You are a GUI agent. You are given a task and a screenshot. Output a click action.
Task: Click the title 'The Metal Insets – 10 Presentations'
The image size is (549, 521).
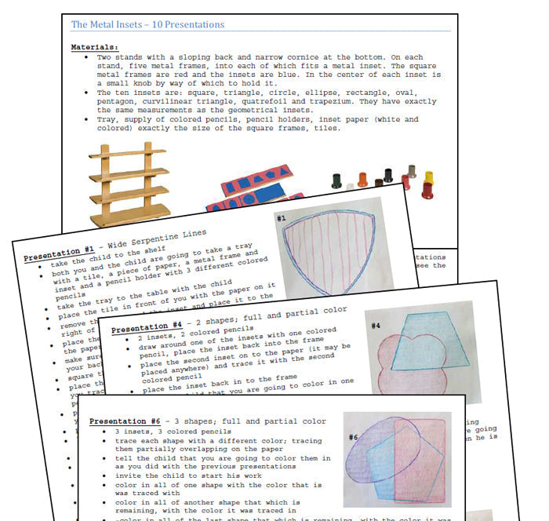click(x=147, y=25)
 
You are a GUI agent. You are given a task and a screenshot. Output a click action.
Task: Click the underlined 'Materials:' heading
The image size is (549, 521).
click(x=95, y=47)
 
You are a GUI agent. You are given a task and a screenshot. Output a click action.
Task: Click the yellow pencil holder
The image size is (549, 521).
click(x=428, y=177)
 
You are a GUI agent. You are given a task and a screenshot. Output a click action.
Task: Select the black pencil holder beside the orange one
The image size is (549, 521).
click(x=337, y=180)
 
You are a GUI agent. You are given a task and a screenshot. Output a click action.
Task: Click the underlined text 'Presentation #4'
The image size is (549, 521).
click(x=146, y=328)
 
